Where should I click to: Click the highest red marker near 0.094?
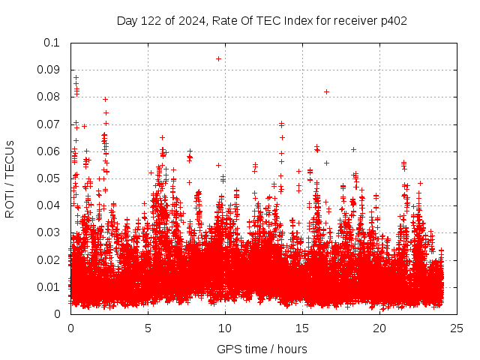pyautogui.click(x=218, y=58)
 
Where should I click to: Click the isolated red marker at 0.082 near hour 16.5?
pyautogui.click(x=326, y=91)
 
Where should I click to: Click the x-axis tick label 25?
pyautogui.click(x=457, y=328)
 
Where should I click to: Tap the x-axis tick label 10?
pyautogui.click(x=225, y=328)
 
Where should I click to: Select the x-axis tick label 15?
pyautogui.click(x=302, y=328)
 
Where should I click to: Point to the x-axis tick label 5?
pyautogui.click(x=148, y=328)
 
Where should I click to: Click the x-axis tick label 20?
pyautogui.click(x=379, y=328)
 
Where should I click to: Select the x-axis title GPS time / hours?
pyautogui.click(x=262, y=349)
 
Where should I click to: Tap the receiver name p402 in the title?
pyautogui.click(x=393, y=21)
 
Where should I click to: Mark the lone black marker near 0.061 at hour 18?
pyautogui.click(x=353, y=149)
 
